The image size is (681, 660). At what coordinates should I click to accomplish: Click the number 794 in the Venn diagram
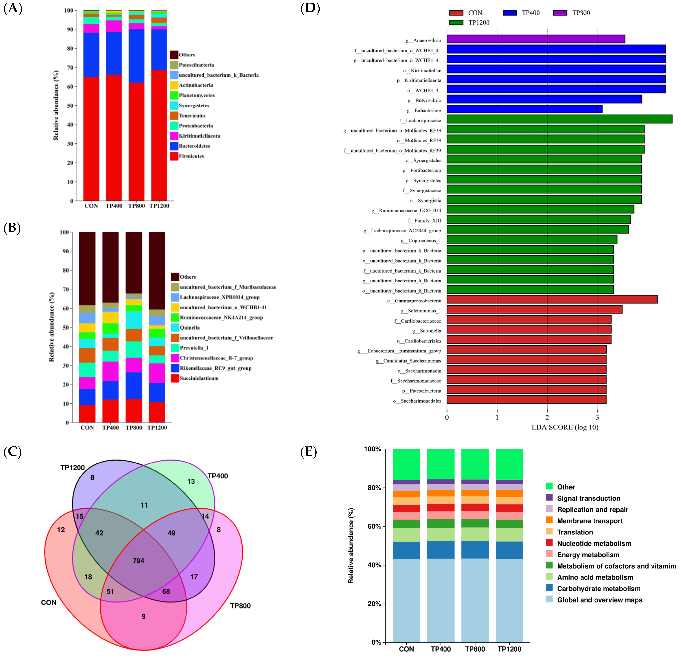[x=138, y=561]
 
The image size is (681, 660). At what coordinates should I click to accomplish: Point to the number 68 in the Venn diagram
[x=166, y=591]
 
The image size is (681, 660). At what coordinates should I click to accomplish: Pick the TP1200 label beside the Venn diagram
[x=72, y=468]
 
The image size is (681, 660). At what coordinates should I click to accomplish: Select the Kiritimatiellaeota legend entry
[x=199, y=136]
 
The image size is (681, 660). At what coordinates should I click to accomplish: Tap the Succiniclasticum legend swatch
[x=175, y=378]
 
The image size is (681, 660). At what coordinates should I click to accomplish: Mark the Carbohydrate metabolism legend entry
[x=598, y=588]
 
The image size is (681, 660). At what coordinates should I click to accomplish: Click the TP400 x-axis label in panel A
[x=114, y=206]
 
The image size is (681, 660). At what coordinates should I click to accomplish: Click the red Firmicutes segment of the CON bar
[x=91, y=139]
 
